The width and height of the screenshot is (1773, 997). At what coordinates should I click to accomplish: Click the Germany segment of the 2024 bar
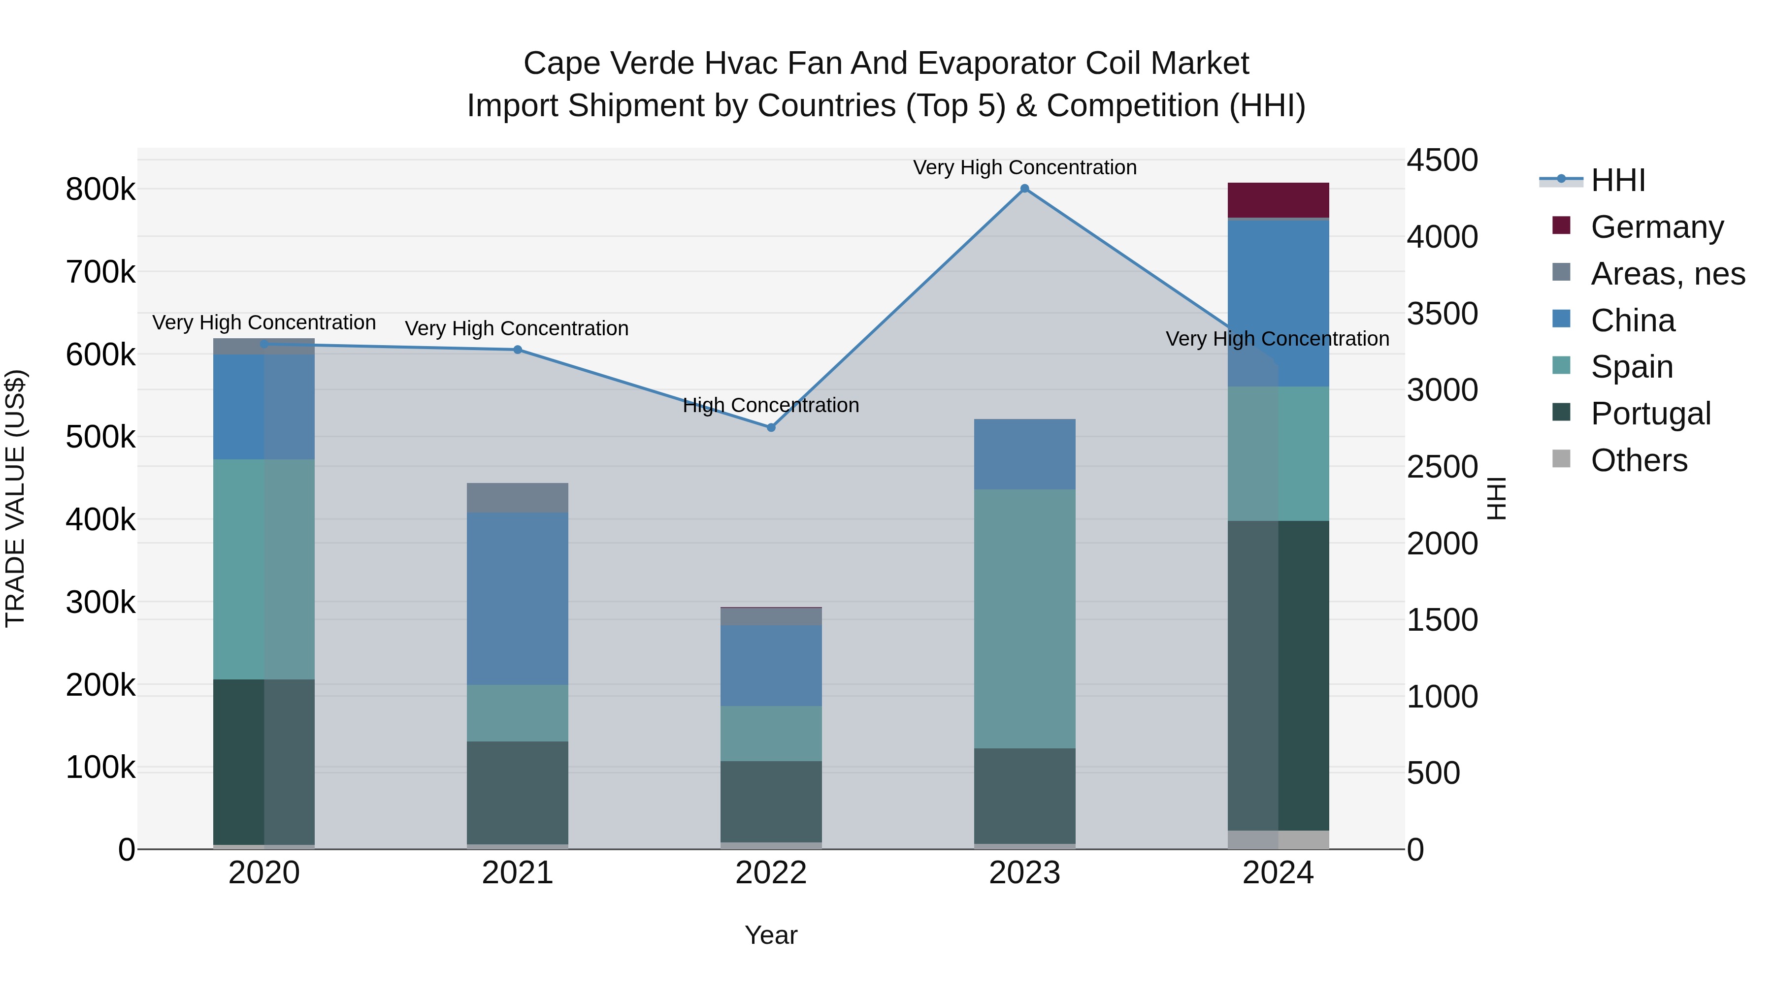(1278, 200)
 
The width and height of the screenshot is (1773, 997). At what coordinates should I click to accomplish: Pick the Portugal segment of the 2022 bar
(771, 801)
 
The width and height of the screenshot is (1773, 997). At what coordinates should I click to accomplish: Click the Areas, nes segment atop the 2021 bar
(518, 497)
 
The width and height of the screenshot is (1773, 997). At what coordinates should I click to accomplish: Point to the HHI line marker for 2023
(1024, 189)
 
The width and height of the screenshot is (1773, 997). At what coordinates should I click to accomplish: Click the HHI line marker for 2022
(771, 427)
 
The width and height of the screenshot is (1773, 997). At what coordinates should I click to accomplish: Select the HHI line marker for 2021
(518, 350)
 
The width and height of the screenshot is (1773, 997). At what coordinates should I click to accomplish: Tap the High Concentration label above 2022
(771, 405)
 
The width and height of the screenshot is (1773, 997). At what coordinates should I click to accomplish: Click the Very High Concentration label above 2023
(1024, 167)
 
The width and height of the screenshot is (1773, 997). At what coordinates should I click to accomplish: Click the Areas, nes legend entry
(1667, 274)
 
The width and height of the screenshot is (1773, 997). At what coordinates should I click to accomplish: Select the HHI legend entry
(1617, 180)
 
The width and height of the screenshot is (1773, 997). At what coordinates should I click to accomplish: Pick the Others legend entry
(1638, 460)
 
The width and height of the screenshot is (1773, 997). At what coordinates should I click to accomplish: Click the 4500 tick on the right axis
(1441, 161)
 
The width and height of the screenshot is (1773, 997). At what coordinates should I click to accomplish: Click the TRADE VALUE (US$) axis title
(15, 498)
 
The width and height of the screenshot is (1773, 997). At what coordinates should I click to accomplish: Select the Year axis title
(771, 935)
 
